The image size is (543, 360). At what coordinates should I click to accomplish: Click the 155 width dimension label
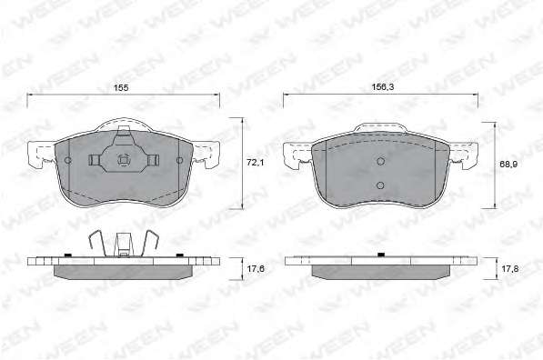(121, 88)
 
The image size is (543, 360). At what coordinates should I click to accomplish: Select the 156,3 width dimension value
(383, 87)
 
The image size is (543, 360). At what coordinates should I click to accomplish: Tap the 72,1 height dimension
(255, 162)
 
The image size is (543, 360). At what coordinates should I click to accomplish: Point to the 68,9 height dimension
(508, 164)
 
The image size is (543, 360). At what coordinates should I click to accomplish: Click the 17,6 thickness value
(256, 268)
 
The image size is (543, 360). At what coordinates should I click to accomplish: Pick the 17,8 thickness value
(509, 268)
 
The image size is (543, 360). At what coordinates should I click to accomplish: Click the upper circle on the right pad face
(381, 161)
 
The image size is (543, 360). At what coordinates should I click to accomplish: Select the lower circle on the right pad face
(380, 185)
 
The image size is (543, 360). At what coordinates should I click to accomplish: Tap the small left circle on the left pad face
(68, 160)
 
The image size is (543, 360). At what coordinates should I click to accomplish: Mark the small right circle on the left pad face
(179, 160)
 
